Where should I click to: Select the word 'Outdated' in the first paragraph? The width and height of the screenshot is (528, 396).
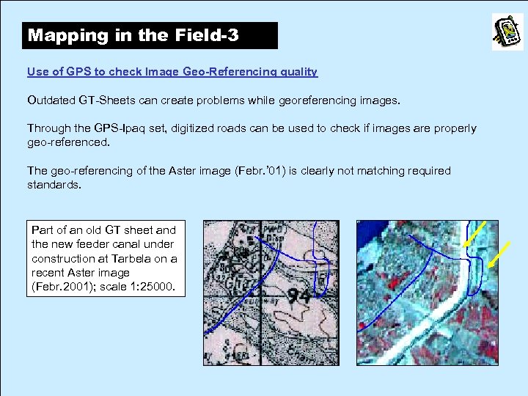[51, 100]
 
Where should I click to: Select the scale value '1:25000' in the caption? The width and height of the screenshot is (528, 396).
[154, 286]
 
